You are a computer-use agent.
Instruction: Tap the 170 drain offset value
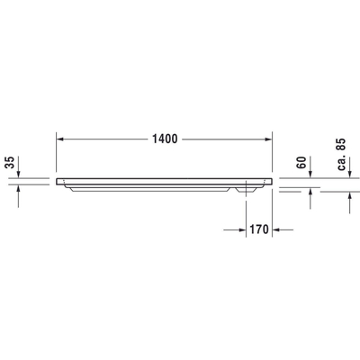(259, 230)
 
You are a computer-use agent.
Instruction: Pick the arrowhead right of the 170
(278, 230)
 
